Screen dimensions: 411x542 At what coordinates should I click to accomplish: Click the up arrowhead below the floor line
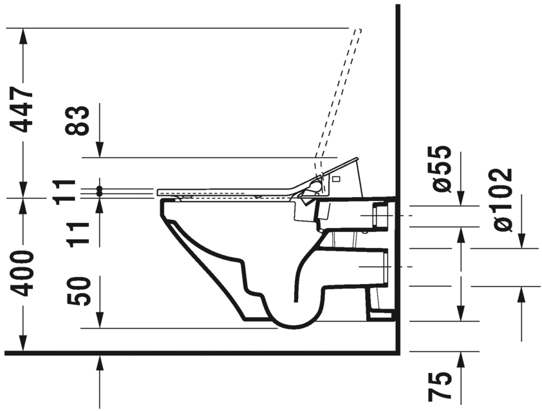(100, 362)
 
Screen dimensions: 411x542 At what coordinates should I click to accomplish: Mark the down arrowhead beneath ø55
(461, 199)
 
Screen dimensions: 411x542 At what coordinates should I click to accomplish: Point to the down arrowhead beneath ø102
(521, 241)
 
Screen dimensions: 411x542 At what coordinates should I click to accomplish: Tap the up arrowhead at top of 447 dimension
(24, 35)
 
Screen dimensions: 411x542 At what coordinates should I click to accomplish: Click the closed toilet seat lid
(225, 191)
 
